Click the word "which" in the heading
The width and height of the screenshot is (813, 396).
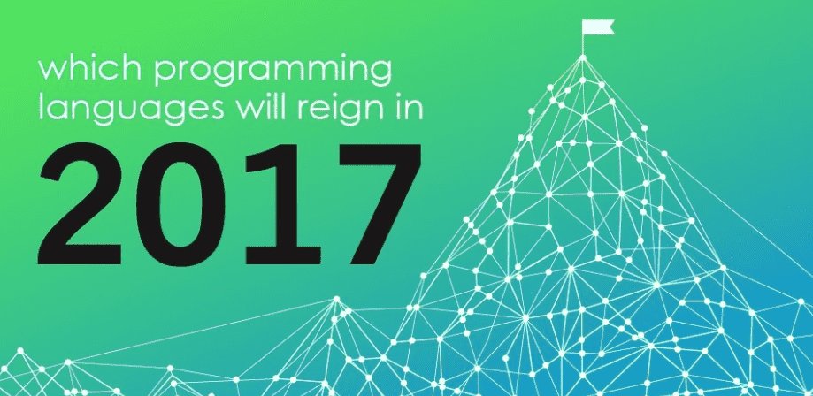click(x=90, y=68)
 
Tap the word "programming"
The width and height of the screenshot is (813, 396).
click(x=272, y=72)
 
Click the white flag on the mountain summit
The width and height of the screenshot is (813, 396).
click(x=598, y=27)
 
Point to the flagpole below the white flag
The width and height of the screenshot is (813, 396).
click(x=583, y=44)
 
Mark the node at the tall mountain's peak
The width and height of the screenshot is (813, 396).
click(x=583, y=57)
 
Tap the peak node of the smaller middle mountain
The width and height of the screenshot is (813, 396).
click(x=337, y=299)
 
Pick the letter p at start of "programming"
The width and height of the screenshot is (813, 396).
click(x=166, y=76)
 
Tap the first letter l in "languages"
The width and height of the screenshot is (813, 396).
click(x=42, y=107)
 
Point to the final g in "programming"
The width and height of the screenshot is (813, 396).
click(x=380, y=76)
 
